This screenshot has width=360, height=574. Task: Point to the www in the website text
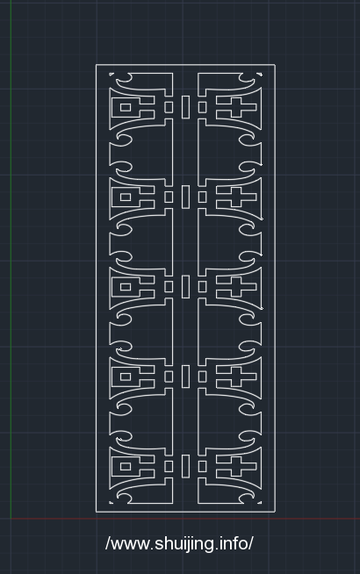130,545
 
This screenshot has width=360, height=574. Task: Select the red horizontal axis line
185,519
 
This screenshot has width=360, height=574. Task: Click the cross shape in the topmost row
236,107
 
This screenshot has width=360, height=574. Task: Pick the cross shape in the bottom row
236,466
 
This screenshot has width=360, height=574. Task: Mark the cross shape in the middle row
236,287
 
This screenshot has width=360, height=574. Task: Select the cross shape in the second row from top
236,197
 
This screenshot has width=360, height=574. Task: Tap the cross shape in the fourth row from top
236,377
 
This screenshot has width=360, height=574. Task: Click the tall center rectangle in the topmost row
185,107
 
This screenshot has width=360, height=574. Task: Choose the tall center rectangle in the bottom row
185,466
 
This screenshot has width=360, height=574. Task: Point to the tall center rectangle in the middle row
185,287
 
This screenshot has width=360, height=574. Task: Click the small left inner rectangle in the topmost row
126,107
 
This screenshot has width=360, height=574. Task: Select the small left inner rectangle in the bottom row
126,466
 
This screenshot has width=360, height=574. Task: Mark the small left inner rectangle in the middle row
126,287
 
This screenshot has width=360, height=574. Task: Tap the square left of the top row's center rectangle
169,107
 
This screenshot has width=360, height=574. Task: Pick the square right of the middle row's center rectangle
202,287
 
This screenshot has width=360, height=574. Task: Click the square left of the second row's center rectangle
169,197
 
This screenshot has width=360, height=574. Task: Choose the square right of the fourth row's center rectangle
202,377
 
